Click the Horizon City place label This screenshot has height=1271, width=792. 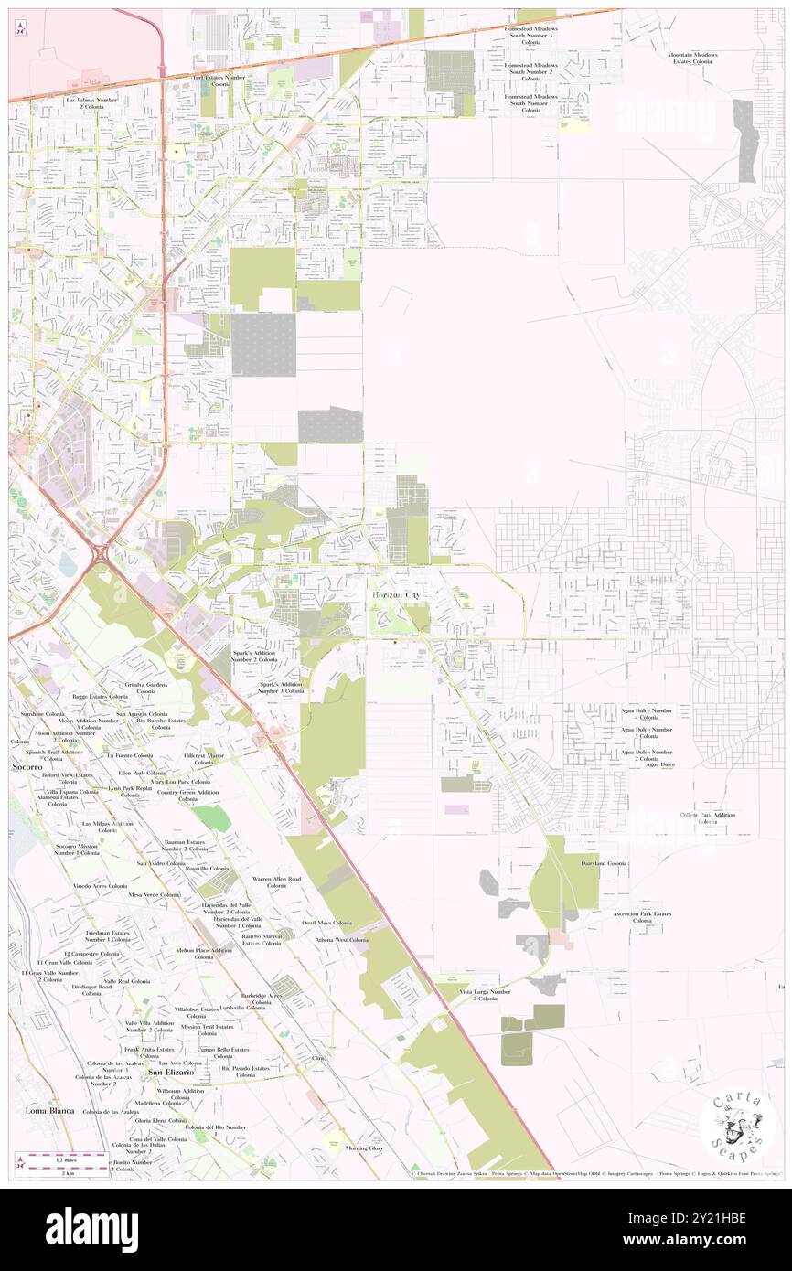click(399, 595)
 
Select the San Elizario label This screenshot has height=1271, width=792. click(171, 1072)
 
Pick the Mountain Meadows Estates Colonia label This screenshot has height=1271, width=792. click(691, 59)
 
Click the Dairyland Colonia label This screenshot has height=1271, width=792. click(604, 863)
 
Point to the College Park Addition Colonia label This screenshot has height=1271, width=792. click(707, 817)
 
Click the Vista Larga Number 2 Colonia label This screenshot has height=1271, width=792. click(486, 995)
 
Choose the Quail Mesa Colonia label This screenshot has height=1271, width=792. click(328, 923)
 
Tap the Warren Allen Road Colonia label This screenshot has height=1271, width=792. click(276, 881)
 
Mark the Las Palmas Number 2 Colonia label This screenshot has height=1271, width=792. click(87, 102)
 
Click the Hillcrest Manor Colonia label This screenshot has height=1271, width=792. click(203, 760)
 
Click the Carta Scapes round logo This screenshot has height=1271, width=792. click(737, 1125)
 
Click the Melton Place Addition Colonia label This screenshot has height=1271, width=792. click(204, 954)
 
